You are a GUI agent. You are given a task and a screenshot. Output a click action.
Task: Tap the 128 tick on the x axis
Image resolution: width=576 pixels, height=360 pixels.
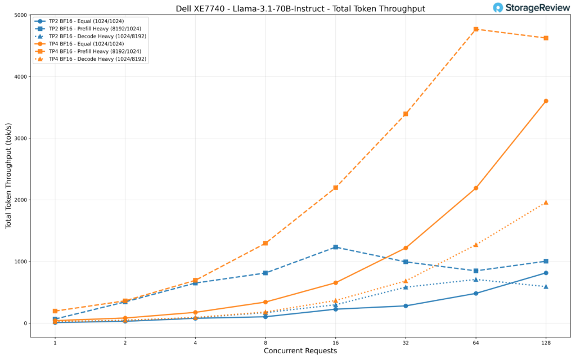coord(546,342)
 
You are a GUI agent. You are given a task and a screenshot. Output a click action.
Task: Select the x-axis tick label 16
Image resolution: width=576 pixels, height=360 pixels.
coord(335,342)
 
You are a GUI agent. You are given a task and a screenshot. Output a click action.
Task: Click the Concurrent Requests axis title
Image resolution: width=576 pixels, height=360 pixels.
coord(300,351)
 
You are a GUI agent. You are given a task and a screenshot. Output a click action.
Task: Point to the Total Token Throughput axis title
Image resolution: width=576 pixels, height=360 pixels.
coord(8,176)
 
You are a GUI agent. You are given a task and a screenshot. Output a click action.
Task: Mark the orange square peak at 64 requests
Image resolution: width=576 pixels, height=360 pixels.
coord(476,29)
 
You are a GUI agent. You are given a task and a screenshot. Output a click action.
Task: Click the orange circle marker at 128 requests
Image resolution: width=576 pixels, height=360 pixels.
coord(546,101)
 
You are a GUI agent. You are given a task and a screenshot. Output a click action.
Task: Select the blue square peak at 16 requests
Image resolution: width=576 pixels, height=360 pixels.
coord(335,247)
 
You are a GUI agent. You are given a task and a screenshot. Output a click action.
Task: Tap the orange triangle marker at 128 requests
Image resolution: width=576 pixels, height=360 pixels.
coord(546,202)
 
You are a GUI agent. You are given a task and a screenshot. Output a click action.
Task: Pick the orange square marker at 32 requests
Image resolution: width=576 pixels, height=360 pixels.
coord(406,114)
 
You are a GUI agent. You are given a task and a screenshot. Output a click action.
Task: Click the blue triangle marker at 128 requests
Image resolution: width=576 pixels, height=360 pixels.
coord(546,286)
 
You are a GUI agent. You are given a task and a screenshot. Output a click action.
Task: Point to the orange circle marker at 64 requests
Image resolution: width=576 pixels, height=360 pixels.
coord(476,188)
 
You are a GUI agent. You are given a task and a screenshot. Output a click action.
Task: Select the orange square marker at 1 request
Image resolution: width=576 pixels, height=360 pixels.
coord(55,311)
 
